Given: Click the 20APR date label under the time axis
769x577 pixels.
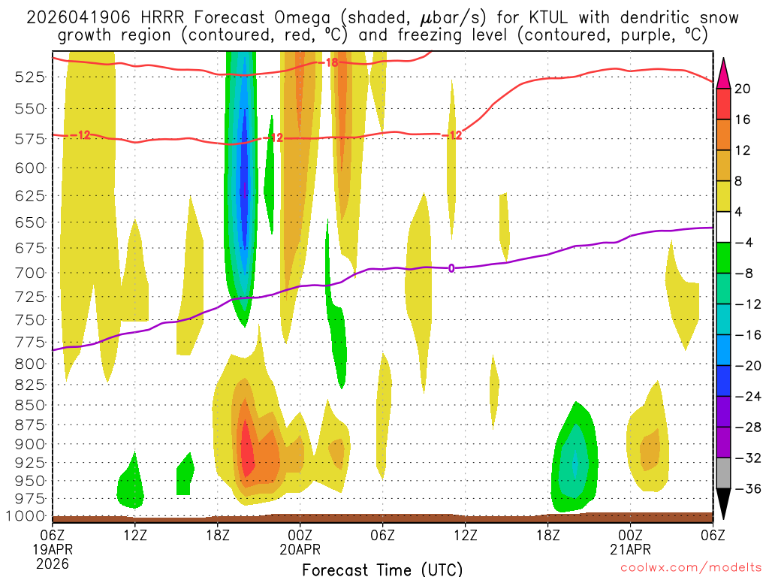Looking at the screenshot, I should (300, 550).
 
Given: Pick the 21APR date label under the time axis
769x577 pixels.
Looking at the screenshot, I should (630, 550).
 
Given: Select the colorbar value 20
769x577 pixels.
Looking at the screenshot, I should (743, 89).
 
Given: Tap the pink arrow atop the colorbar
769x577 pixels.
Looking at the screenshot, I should (723, 73).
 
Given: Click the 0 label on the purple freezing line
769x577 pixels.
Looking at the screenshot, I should (451, 267).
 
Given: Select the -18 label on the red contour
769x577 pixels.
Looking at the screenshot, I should (330, 62).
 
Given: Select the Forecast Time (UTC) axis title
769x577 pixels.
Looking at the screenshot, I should (382, 569).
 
